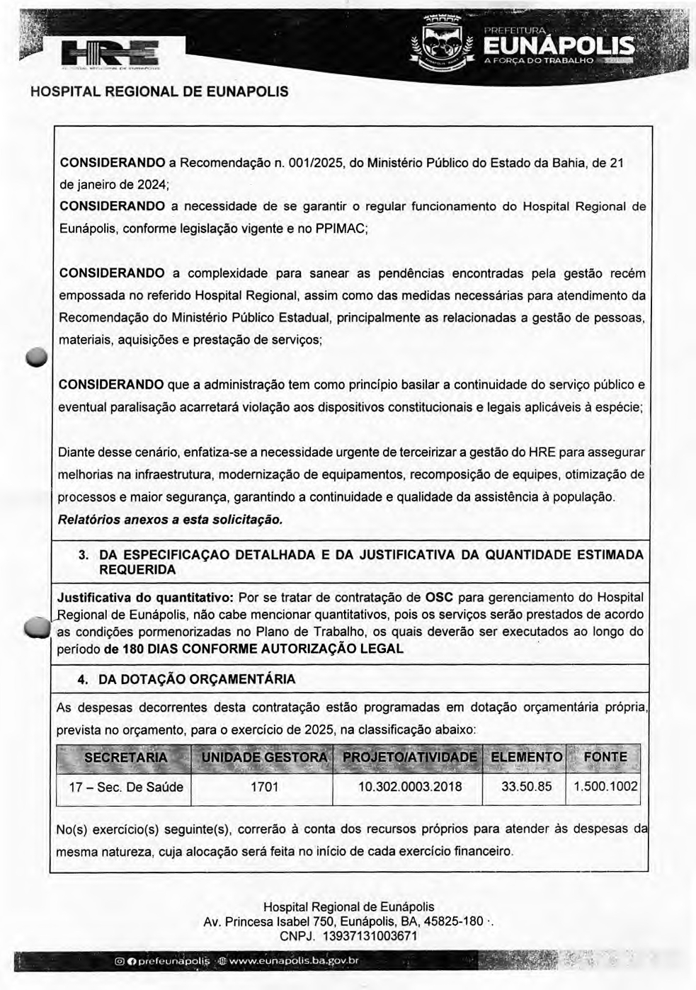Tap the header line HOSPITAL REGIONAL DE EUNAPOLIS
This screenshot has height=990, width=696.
pyautogui.click(x=159, y=92)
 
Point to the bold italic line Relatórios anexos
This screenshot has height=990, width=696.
pyautogui.click(x=170, y=520)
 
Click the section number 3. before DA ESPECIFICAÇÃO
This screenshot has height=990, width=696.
pyautogui.click(x=83, y=554)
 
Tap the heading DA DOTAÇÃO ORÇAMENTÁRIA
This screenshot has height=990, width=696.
pyautogui.click(x=197, y=679)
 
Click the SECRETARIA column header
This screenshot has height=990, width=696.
pyautogui.click(x=125, y=757)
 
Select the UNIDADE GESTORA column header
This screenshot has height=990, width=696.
pyautogui.click(x=264, y=757)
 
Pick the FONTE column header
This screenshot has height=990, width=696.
pyautogui.click(x=605, y=757)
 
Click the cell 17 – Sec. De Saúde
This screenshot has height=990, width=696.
pyautogui.click(x=125, y=787)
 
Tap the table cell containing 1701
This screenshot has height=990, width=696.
pyautogui.click(x=264, y=787)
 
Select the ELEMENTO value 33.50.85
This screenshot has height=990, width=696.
pyautogui.click(x=526, y=787)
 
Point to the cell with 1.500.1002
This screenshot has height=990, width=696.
pyautogui.click(x=605, y=787)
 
